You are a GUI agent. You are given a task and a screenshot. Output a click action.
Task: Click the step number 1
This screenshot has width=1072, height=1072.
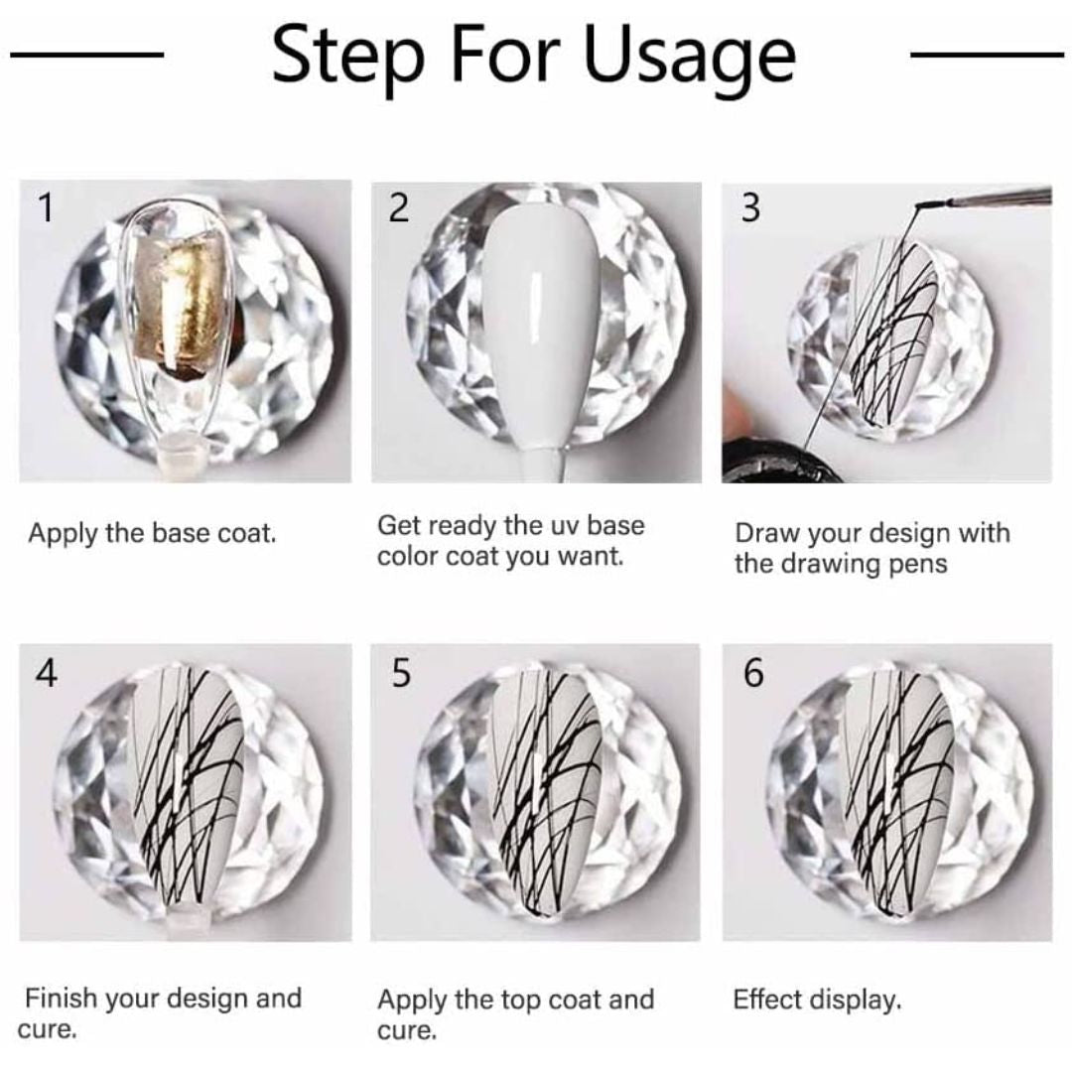[46, 207]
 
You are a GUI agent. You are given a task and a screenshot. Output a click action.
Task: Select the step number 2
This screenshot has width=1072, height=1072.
[399, 207]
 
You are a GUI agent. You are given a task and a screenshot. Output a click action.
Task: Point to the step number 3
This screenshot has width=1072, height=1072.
[750, 207]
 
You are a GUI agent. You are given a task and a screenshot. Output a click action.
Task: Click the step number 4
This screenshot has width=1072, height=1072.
[47, 673]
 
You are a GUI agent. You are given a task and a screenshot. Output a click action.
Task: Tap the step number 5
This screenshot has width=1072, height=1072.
[401, 673]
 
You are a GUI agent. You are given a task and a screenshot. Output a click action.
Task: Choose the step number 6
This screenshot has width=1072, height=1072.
[752, 673]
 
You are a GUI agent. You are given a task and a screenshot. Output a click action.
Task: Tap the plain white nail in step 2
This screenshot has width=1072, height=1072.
[540, 329]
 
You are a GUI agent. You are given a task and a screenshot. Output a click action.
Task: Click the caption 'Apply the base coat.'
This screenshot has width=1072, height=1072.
[152, 533]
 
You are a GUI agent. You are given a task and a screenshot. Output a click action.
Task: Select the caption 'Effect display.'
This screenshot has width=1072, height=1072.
[817, 1001]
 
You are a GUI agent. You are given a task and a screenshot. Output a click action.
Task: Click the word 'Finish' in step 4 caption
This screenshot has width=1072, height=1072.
[61, 999]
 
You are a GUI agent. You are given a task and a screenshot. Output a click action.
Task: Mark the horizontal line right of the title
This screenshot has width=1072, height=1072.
[988, 55]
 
